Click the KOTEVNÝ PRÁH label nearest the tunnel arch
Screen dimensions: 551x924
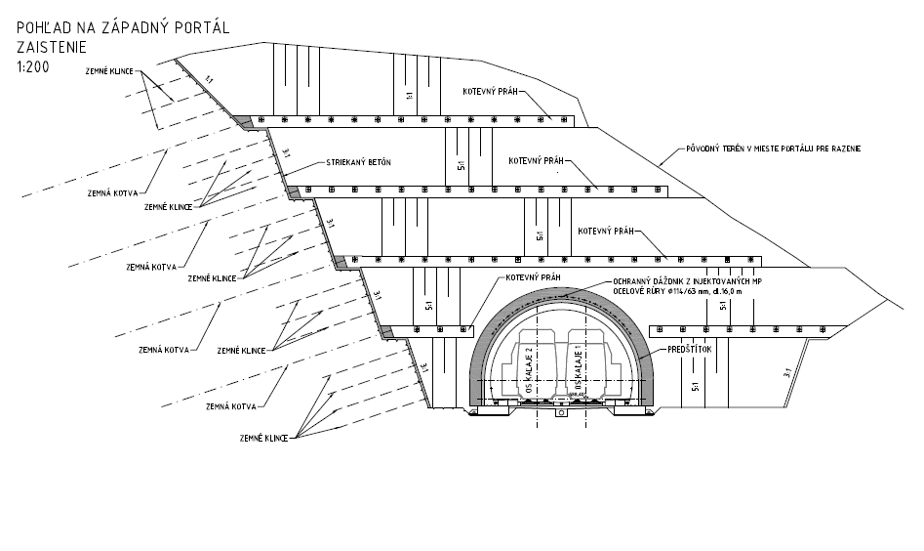[x=534, y=277]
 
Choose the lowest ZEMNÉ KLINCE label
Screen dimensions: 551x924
[x=262, y=441]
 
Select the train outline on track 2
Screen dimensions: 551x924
[x=532, y=363]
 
